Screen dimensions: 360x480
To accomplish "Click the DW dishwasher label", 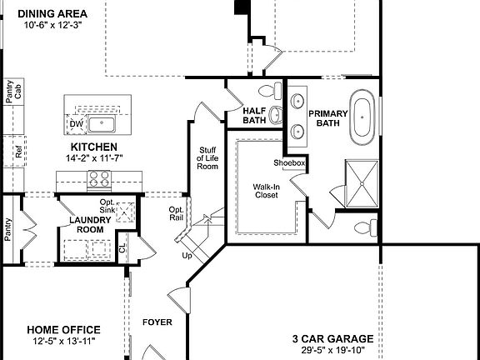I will tap(76, 124).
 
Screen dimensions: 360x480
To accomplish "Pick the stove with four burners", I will tap(99, 177).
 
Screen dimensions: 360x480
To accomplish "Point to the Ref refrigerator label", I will tap(18, 152).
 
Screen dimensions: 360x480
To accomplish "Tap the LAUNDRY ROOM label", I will tap(86, 224).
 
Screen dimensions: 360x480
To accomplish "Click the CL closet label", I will tap(122, 247).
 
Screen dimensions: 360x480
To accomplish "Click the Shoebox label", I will tap(289, 162).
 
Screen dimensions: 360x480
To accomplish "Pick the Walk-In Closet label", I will tap(266, 192).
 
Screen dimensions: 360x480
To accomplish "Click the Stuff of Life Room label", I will tap(207, 157).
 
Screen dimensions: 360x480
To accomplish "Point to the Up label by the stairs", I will tap(187, 255).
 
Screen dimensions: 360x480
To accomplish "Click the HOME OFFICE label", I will tap(63, 330).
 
